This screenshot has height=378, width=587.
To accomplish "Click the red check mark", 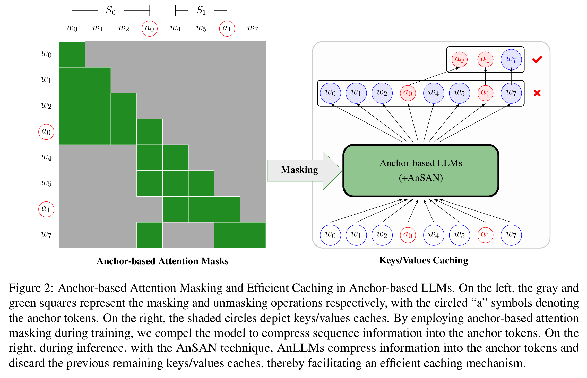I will click(x=537, y=60).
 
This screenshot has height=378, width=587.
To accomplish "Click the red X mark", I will click(x=537, y=93).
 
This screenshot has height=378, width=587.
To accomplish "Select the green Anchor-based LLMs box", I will click(x=421, y=170).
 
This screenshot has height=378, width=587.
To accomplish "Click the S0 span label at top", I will click(x=111, y=11).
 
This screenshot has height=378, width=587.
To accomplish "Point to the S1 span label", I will click(x=201, y=11).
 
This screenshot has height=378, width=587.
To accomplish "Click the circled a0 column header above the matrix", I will click(x=150, y=28).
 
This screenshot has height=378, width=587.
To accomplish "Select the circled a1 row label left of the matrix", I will click(x=46, y=209).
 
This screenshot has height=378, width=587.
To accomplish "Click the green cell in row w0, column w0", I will click(x=72, y=54).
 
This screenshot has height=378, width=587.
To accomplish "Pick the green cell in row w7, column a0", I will click(x=150, y=235).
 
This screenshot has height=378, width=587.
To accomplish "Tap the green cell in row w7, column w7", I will click(x=253, y=235).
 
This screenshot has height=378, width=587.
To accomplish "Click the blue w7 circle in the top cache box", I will click(x=511, y=59).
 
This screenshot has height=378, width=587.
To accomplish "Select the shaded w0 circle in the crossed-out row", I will click(x=330, y=93).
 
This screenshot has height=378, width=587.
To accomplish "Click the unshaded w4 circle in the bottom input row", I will click(x=434, y=235).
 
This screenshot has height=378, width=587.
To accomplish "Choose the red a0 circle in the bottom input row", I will click(x=408, y=235).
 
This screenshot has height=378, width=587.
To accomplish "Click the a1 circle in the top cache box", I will click(x=485, y=59).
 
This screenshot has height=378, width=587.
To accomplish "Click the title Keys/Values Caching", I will click(x=424, y=260).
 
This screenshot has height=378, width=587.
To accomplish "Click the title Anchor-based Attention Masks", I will click(x=162, y=261).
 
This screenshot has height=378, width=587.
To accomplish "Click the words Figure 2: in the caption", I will click(x=31, y=288).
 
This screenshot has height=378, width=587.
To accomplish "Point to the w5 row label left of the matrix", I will click(x=46, y=183).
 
